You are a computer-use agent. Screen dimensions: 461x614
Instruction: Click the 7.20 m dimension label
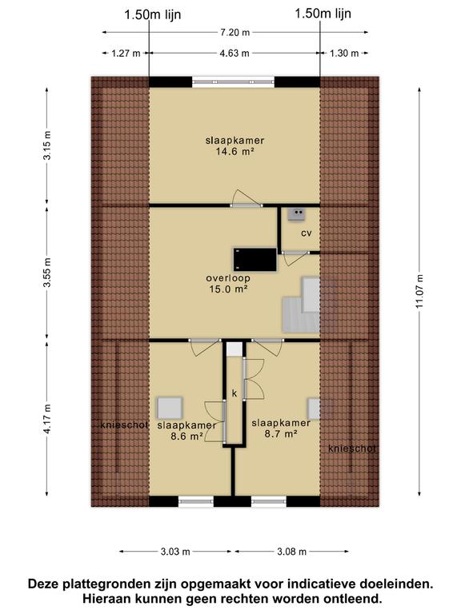point(235,33)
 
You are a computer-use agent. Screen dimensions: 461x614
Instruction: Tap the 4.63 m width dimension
point(235,54)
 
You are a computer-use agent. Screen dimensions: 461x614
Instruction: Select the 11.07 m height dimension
point(420,291)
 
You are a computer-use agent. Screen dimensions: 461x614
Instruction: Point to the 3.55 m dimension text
point(47,273)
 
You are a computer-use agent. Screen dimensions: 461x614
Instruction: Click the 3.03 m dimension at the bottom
point(175,552)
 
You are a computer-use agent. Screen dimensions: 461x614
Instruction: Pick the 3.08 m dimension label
point(291,552)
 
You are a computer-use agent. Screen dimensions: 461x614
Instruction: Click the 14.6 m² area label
point(235,152)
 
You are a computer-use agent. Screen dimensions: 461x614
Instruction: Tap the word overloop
point(228,278)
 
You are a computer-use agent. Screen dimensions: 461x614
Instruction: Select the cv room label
point(307,233)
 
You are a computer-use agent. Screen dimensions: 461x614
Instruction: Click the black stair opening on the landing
point(255,259)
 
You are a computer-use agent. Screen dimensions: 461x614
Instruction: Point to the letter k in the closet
point(235,393)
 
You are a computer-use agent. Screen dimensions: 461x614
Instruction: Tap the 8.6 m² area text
point(187,437)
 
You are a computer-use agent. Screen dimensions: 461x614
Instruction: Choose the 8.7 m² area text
point(281,434)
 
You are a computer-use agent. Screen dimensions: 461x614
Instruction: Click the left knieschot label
point(124,425)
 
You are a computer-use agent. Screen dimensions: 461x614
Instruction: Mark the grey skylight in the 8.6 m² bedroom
point(170,409)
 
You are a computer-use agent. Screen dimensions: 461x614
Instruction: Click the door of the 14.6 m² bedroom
point(247,199)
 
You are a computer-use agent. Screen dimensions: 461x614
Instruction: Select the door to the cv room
point(295,258)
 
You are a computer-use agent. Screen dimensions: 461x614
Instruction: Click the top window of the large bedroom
point(233,82)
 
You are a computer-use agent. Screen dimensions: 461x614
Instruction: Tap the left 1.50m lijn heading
point(153,15)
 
